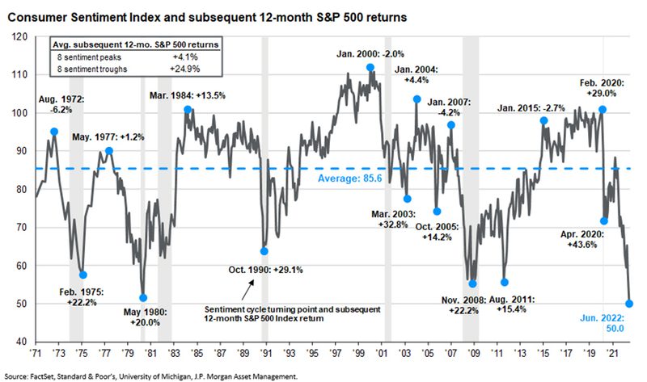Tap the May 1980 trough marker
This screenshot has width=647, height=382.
[143, 298]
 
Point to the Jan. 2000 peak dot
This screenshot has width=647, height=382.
[370, 67]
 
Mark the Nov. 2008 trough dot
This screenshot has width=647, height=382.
[473, 283]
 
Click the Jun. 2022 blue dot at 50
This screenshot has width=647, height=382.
[630, 304]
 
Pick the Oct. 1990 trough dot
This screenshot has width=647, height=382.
[264, 251]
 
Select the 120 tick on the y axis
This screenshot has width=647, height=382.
[20, 36]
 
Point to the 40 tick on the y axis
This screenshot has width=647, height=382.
[20, 342]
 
